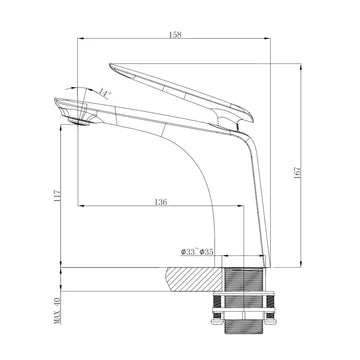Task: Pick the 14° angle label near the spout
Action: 105,93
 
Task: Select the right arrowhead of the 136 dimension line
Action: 242,208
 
